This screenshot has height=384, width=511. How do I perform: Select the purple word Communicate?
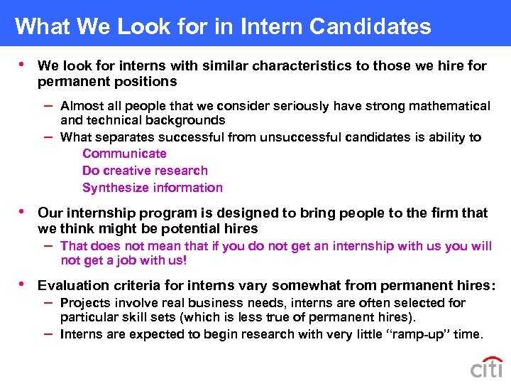[124, 154]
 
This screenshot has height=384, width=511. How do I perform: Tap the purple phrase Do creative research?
[145, 171]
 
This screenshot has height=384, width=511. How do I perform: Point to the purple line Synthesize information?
[152, 188]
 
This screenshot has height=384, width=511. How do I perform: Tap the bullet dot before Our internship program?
[22, 211]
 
